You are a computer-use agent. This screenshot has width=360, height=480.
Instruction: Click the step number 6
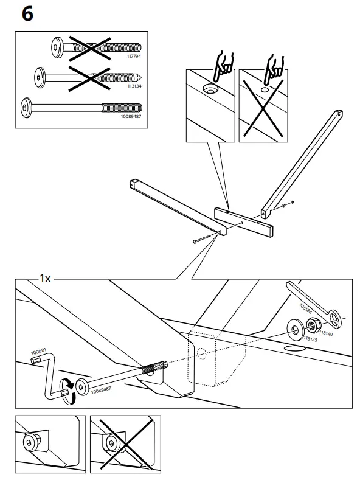pyautogui.click(x=27, y=15)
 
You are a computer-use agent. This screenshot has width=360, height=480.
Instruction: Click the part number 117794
pyautogui.click(x=133, y=57)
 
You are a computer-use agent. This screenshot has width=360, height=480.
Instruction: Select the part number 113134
pyautogui.click(x=133, y=86)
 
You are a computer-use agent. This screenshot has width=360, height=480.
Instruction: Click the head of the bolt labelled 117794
pyautogui.click(x=55, y=47)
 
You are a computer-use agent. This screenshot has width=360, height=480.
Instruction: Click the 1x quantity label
pyautogui.click(x=45, y=279)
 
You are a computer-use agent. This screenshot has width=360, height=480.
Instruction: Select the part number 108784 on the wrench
pyautogui.click(x=307, y=305)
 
